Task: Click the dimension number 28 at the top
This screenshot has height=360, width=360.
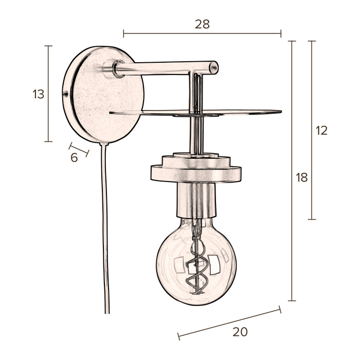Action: (202, 24)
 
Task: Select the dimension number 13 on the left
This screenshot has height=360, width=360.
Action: (39, 94)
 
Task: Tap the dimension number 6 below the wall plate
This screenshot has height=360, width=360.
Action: (74, 158)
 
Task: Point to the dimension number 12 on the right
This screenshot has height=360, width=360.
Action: (321, 131)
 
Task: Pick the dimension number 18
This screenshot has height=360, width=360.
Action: (302, 178)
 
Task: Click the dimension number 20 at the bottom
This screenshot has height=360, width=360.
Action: (240, 332)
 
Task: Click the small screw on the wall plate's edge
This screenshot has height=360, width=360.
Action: (65, 94)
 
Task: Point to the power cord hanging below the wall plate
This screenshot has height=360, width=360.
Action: (106, 231)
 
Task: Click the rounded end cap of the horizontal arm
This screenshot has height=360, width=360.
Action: (213, 67)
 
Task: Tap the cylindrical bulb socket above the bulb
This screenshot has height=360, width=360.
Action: (196, 201)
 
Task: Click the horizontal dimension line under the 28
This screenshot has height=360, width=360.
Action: (202, 34)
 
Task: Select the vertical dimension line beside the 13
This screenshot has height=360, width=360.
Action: (48, 94)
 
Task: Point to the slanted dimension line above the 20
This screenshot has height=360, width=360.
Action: (229, 322)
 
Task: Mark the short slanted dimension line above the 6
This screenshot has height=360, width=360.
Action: (79, 149)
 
